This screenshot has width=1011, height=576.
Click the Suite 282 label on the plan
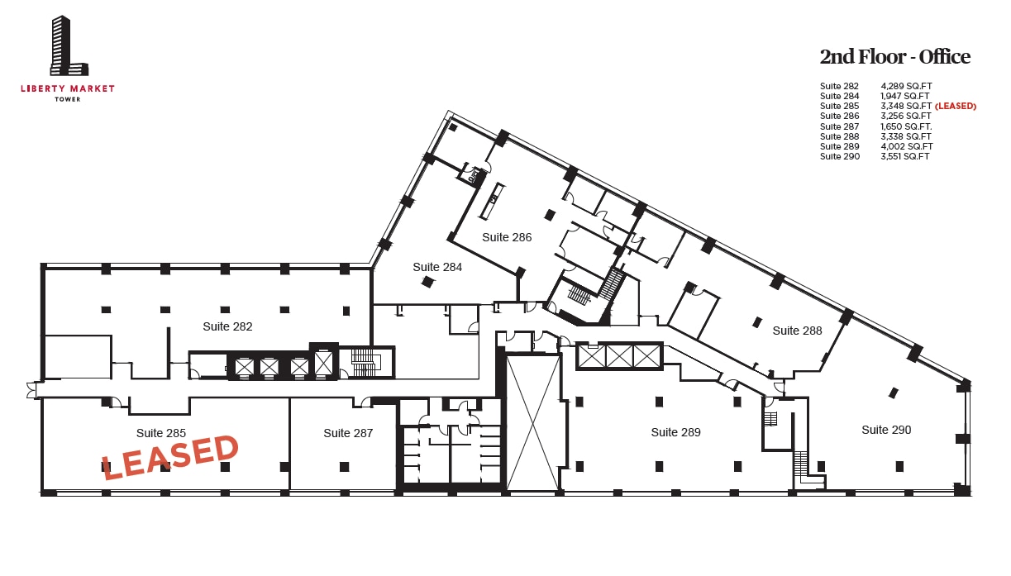point(227,326)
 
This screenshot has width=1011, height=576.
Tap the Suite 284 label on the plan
point(437,267)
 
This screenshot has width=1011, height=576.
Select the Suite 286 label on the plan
point(507,237)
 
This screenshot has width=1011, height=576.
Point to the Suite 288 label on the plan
point(797,331)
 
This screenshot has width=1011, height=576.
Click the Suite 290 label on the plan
point(886,430)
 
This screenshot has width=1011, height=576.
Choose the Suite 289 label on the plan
point(675,432)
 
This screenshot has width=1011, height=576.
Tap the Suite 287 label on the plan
point(348,433)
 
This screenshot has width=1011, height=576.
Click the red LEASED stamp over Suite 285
point(170,457)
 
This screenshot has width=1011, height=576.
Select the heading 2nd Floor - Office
point(894,57)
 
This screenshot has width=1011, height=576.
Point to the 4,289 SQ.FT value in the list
point(906,86)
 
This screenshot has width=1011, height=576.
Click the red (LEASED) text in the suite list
point(956,107)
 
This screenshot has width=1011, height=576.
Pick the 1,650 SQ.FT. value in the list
point(907,126)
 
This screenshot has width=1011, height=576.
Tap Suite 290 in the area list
point(839,156)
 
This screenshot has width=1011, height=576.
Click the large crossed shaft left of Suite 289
point(532,421)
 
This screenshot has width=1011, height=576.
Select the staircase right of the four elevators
point(365,362)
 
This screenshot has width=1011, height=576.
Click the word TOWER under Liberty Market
point(68,99)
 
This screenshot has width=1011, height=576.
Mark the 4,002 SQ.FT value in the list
point(906,146)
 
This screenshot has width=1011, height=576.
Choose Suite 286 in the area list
point(839,117)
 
